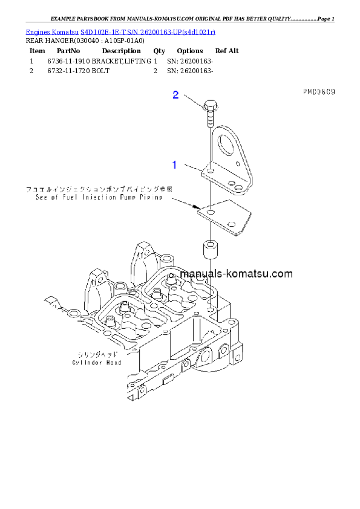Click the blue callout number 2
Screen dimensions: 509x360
(175, 94)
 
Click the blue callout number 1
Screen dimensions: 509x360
(174, 164)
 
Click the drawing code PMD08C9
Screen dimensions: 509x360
(319, 92)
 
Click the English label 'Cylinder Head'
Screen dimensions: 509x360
(97, 363)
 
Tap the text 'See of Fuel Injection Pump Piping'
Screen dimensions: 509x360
(99, 197)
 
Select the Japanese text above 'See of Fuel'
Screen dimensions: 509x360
(99, 189)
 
